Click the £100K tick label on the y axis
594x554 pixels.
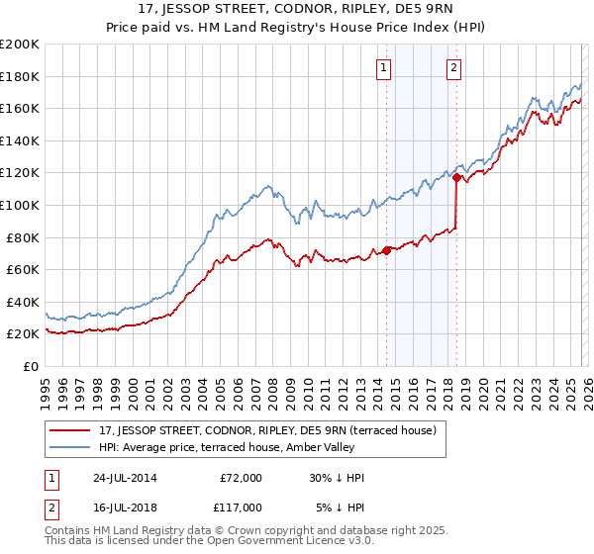[20, 205]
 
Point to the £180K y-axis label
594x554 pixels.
[20, 76]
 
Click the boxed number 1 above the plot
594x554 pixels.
[383, 68]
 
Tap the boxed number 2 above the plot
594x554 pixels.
[453, 68]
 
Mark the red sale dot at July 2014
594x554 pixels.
[387, 250]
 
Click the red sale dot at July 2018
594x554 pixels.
[456, 178]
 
